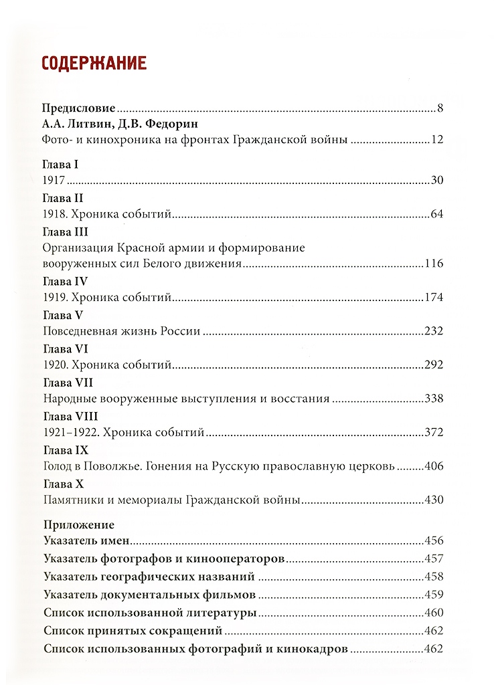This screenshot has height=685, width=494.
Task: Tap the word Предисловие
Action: click(79, 108)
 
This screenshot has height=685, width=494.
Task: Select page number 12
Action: click(438, 140)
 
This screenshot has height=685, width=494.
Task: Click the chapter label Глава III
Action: click(66, 231)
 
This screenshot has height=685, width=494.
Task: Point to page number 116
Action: click(434, 264)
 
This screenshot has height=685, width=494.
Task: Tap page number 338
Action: click(434, 399)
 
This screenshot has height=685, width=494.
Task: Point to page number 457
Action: click(434, 559)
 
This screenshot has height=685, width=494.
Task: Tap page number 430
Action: click(434, 500)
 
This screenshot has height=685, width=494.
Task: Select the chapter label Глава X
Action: click(62, 483)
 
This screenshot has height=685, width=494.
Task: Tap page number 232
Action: click(434, 331)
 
